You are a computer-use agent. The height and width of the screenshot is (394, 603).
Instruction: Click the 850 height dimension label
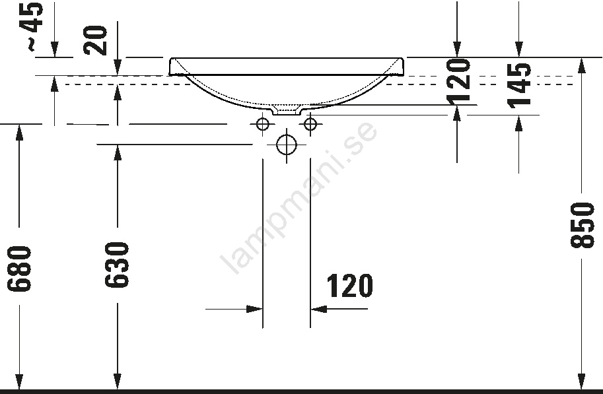tap(583, 225)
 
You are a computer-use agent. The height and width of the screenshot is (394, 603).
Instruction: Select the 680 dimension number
tap(19, 269)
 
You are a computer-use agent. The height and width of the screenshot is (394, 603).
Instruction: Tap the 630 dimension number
tap(116, 265)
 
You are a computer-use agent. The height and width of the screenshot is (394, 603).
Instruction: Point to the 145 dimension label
tap(518, 85)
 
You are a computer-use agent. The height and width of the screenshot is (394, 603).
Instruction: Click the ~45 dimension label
tap(32, 26)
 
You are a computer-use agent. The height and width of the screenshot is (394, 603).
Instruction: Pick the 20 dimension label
tap(95, 40)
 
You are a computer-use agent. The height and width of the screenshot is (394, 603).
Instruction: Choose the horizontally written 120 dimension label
tap(349, 286)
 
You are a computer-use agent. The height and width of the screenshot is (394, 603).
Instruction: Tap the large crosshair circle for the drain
tap(287, 145)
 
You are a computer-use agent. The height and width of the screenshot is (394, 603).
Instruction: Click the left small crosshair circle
tap(263, 124)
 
